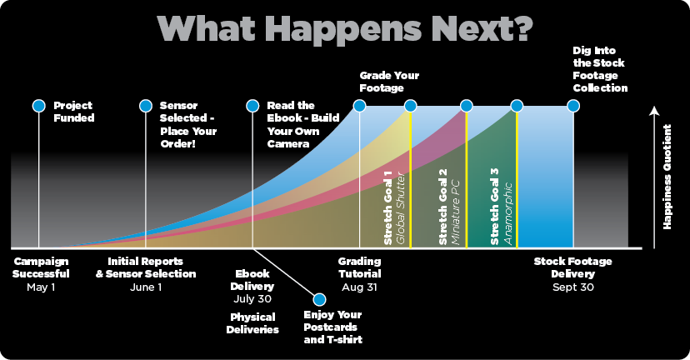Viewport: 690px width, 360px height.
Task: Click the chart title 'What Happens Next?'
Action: [x=345, y=28]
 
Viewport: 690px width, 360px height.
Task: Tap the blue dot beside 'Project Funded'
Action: [x=38, y=106]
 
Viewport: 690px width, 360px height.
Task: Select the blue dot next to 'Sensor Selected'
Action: [x=146, y=106]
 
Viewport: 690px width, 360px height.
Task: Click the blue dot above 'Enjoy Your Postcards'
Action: [x=319, y=299]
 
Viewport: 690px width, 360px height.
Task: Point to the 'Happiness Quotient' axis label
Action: [x=667, y=177]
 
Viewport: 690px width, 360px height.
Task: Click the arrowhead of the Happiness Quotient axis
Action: [x=654, y=111]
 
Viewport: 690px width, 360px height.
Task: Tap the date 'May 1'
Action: [x=41, y=287]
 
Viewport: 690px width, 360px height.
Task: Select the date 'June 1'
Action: [x=146, y=287]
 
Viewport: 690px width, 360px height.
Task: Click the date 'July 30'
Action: [x=252, y=299]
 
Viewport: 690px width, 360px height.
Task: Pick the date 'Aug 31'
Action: [x=359, y=287]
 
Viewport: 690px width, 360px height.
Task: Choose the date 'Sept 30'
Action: [x=573, y=287]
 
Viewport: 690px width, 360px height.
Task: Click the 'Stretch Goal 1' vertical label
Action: [x=387, y=207]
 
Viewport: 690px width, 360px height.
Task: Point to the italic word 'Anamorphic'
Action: [x=507, y=213]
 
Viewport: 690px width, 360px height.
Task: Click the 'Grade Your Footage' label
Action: [x=389, y=82]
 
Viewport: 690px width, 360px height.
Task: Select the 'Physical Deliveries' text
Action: [x=252, y=323]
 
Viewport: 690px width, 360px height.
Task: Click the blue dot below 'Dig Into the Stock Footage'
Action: [x=573, y=106]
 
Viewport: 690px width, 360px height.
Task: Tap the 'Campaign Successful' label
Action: [x=41, y=267]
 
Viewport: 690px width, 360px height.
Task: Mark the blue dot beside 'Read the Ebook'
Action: [x=252, y=106]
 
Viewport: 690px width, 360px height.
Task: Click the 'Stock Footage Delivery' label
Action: [x=573, y=267]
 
